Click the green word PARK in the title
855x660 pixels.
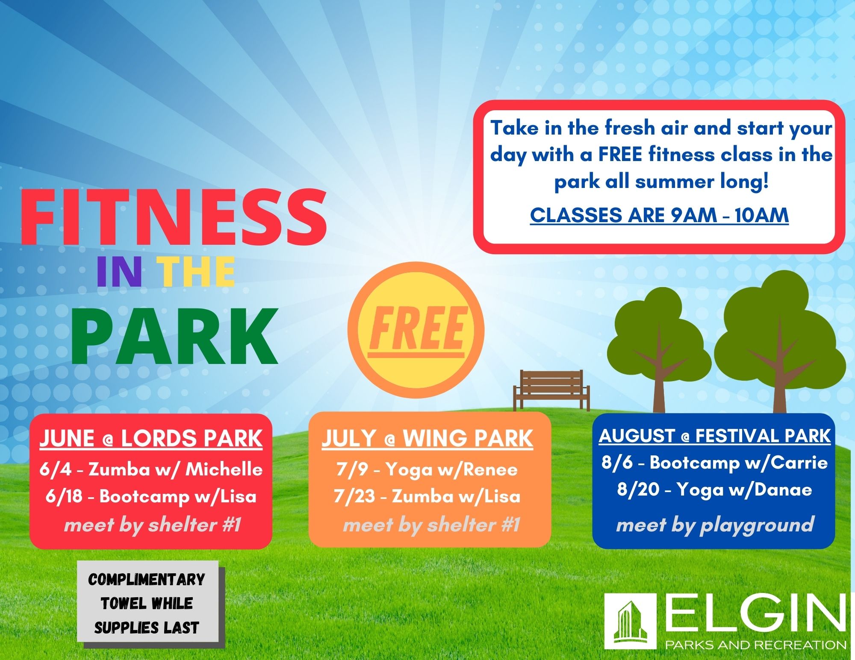[174, 337]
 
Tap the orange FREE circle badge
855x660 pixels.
[416, 330]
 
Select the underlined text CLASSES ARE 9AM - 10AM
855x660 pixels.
[659, 215]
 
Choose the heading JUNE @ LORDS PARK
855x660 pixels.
[151, 439]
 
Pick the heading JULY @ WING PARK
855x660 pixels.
[427, 439]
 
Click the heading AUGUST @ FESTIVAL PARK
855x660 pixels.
[714, 436]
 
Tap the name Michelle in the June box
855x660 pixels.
[224, 469]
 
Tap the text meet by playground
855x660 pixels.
[715, 525]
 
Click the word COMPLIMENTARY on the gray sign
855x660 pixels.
[147, 580]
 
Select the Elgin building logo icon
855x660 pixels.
[630, 621]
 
